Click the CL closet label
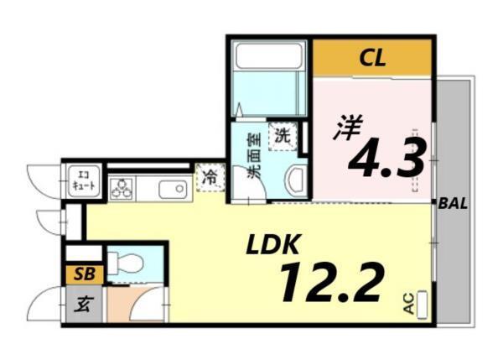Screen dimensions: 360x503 (x=372, y=58)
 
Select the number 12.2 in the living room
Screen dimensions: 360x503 (x=331, y=282)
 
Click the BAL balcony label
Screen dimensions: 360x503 (x=454, y=203)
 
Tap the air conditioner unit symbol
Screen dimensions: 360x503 (x=422, y=304)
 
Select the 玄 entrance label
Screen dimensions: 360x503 (x=84, y=305)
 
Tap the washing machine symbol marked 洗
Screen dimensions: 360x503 (x=283, y=134)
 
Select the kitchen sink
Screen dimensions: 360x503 (x=174, y=189)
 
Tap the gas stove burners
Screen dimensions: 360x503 (x=122, y=189)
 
